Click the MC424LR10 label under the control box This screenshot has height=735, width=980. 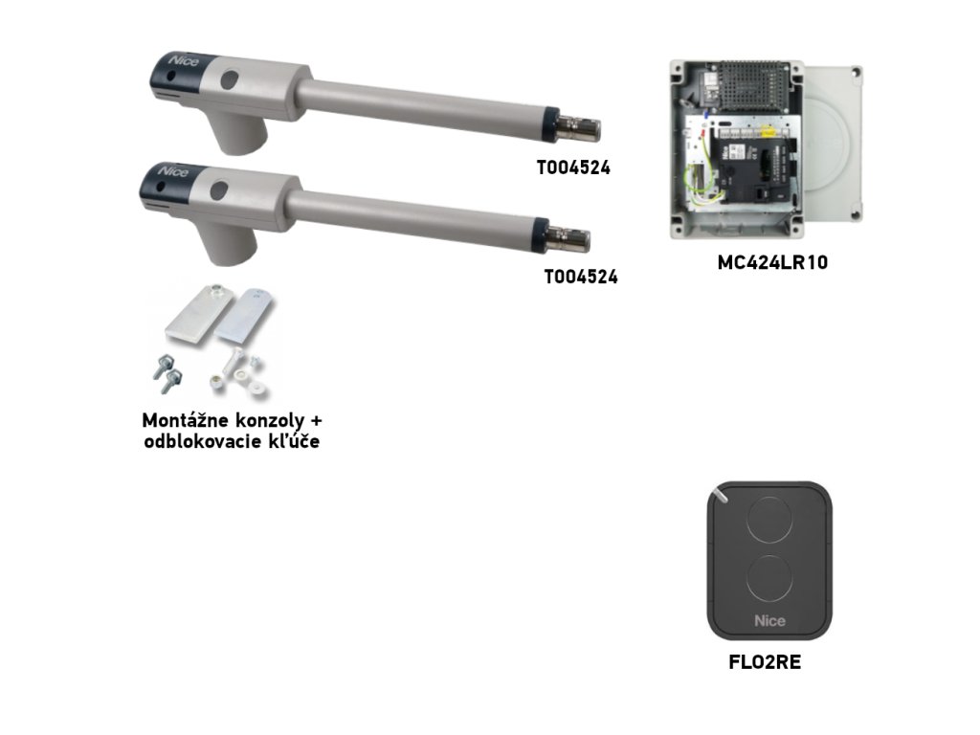pos(771,262)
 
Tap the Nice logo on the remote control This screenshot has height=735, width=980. pos(769,620)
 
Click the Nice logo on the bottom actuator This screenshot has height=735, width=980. pos(174,171)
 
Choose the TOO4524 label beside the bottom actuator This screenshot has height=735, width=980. pos(580,278)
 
